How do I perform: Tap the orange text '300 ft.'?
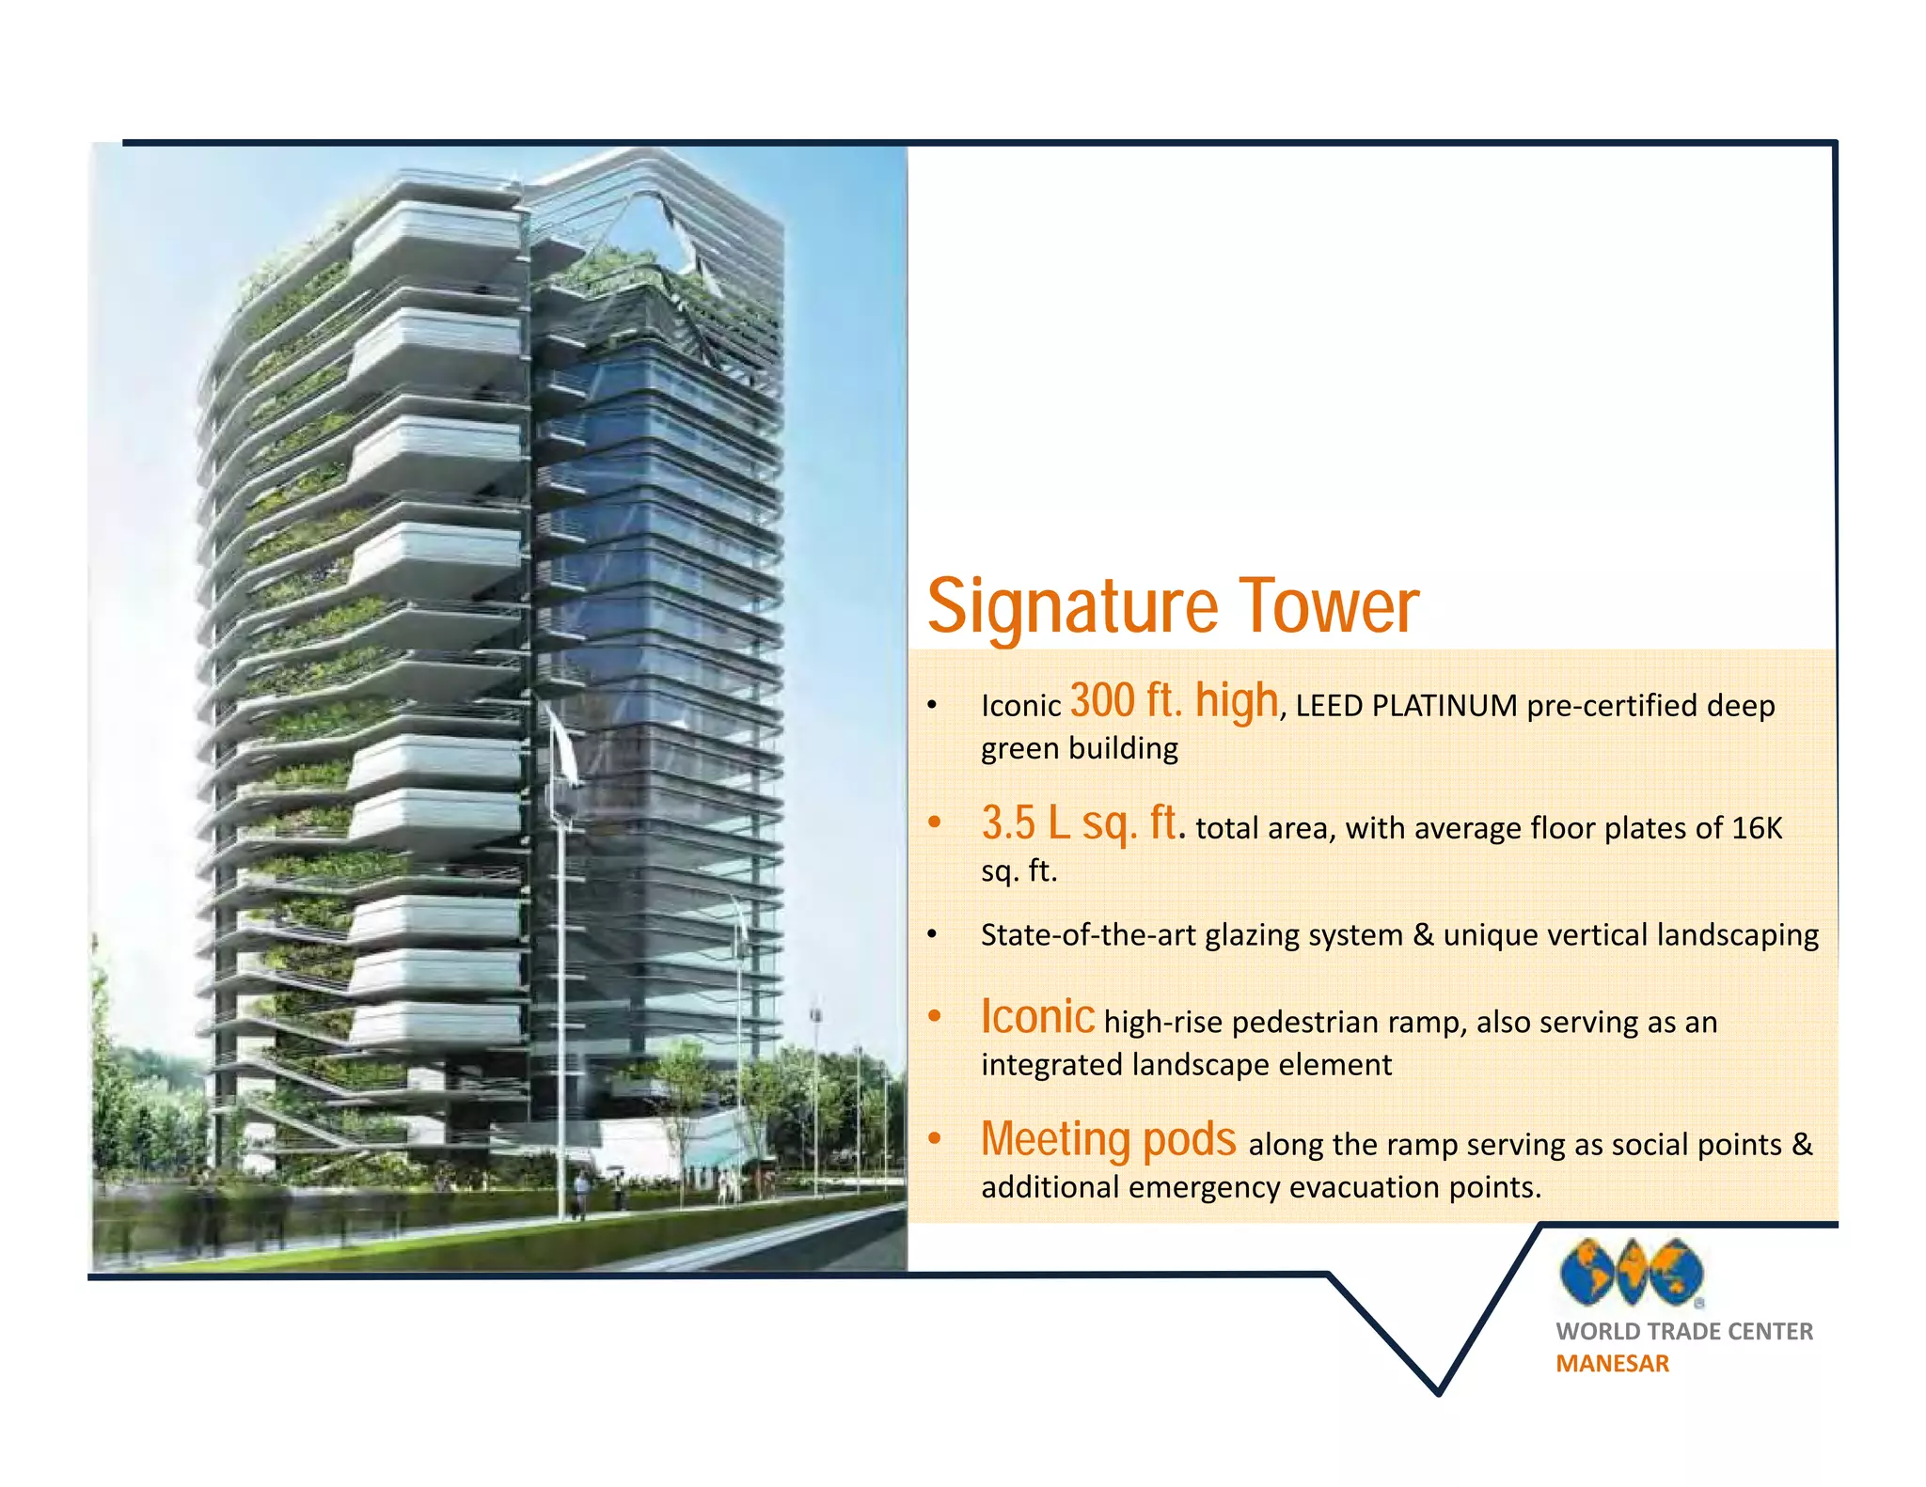pos(1126,701)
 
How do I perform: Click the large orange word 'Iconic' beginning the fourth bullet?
pos(1037,1017)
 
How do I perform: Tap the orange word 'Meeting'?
pos(1056,1139)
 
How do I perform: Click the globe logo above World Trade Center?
pos(1631,1273)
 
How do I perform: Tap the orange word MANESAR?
pos(1612,1364)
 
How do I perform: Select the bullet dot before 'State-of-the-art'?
pos(932,935)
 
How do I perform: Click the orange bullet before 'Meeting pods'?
pos(934,1139)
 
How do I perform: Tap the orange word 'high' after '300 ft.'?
pos(1237,701)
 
